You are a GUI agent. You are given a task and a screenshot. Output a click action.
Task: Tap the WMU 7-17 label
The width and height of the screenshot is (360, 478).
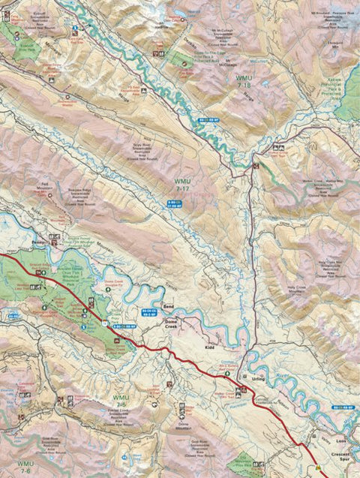[x=182, y=185]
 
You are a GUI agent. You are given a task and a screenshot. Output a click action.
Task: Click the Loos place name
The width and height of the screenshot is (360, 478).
[x=341, y=442]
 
